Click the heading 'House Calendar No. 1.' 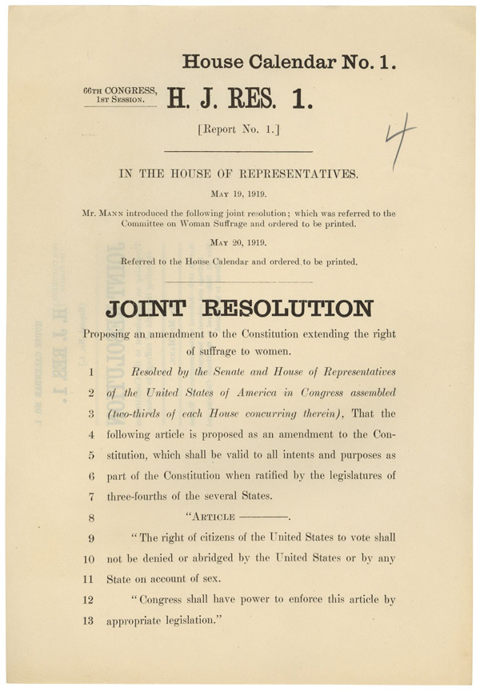pyautogui.click(x=289, y=61)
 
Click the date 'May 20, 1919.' pyautogui.click(x=238, y=243)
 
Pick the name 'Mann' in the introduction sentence pyautogui.click(x=115, y=214)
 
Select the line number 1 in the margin pyautogui.click(x=91, y=372)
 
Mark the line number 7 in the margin pyautogui.click(x=91, y=496)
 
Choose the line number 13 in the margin pyautogui.click(x=90, y=621)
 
